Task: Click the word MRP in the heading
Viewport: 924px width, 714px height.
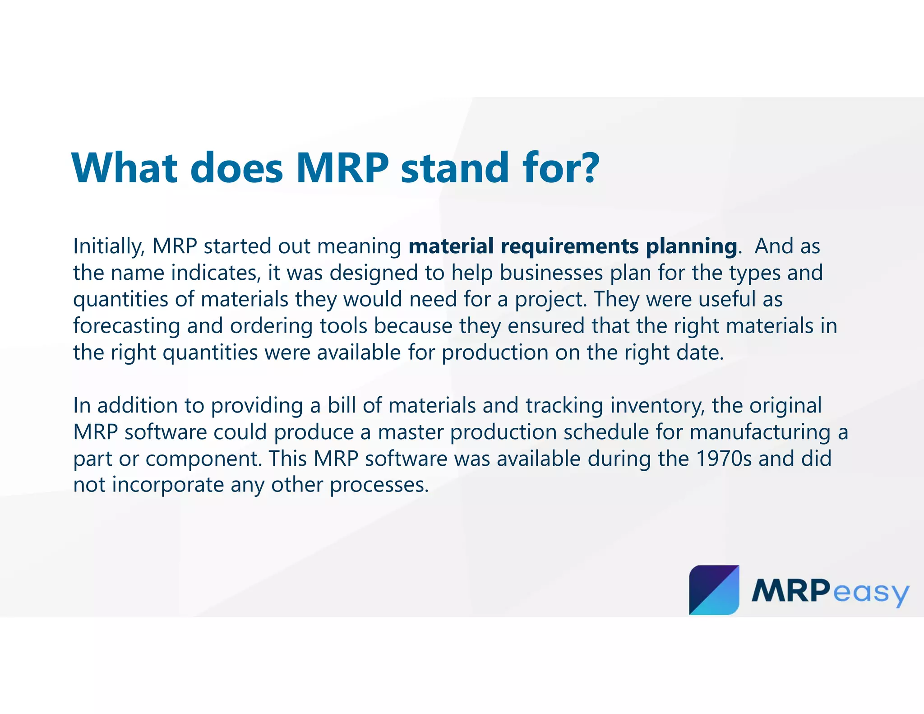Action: click(342, 167)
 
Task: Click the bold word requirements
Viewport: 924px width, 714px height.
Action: click(569, 247)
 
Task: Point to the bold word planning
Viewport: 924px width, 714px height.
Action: click(691, 247)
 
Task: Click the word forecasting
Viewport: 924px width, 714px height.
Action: click(126, 326)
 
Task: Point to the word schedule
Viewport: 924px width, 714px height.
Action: click(606, 432)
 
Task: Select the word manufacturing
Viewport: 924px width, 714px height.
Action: click(760, 432)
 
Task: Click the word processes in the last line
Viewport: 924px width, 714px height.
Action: click(379, 485)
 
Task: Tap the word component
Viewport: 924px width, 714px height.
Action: click(203, 459)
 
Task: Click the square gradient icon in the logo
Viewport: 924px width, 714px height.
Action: click(714, 589)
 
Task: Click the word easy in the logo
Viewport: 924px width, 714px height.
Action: click(870, 593)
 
